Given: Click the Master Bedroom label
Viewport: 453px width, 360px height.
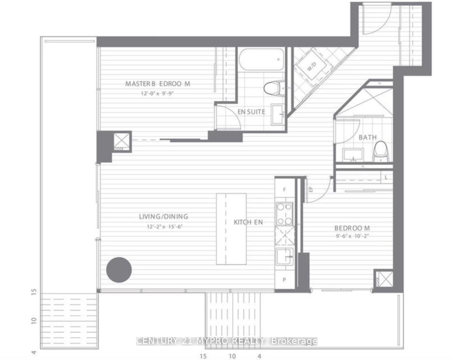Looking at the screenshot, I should tap(158, 84).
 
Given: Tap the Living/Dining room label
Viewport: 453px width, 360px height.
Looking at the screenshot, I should tap(164, 217).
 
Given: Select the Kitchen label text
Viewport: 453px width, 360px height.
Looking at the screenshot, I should tap(248, 222).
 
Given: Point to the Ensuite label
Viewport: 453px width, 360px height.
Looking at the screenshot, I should tap(251, 112).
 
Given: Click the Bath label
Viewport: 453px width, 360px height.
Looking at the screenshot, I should tap(367, 138).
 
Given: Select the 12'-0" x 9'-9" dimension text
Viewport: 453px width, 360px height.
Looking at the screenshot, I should tap(157, 93).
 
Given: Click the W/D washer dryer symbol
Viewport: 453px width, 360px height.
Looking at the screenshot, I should tap(312, 67).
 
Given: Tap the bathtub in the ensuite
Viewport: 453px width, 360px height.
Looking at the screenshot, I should tap(261, 60).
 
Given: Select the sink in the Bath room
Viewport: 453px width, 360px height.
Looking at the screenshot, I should tap(353, 155).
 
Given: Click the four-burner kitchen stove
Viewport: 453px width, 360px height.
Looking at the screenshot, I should tap(284, 214).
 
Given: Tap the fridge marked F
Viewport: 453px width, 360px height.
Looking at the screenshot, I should tap(284, 190).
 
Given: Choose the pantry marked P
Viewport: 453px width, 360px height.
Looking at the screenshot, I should tap(284, 280).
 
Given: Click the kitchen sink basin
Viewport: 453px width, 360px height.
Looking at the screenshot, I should tap(285, 257).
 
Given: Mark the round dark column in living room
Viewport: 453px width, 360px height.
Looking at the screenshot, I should tap(119, 270).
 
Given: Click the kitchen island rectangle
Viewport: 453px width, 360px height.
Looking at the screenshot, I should tap(231, 229).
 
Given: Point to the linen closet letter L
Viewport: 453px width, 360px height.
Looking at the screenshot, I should tap(386, 178).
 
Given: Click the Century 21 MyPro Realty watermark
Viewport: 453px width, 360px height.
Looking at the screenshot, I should tap(226, 341).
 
